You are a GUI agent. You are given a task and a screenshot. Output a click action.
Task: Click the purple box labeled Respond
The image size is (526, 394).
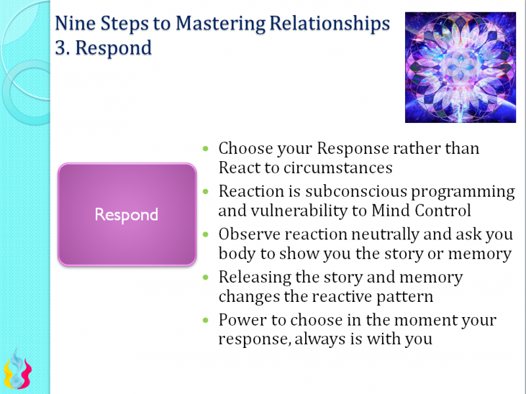126,214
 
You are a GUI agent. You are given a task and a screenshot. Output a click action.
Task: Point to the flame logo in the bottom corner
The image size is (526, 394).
18,371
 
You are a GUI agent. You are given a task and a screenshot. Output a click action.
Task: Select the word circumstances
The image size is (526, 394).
338,168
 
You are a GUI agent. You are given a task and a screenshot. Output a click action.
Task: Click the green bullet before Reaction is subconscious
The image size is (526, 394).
208,192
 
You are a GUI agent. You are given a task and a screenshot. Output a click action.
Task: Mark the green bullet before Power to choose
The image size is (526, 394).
208,320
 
